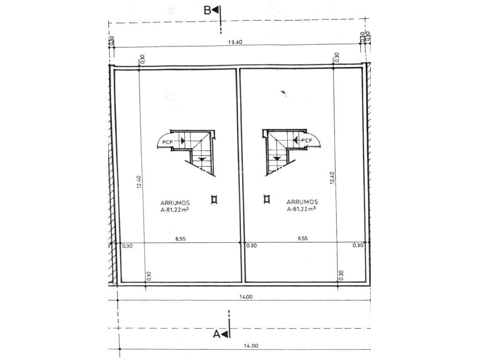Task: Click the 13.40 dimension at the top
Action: [x=235, y=43]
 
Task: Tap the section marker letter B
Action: [x=208, y=10]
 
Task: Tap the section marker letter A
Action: [x=217, y=334]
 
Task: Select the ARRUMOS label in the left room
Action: [x=175, y=202]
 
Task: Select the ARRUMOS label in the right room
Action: [x=302, y=202]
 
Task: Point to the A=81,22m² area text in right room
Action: [x=301, y=209]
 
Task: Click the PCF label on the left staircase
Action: [x=167, y=142]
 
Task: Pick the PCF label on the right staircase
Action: [x=307, y=141]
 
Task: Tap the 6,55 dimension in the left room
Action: [x=180, y=239]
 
